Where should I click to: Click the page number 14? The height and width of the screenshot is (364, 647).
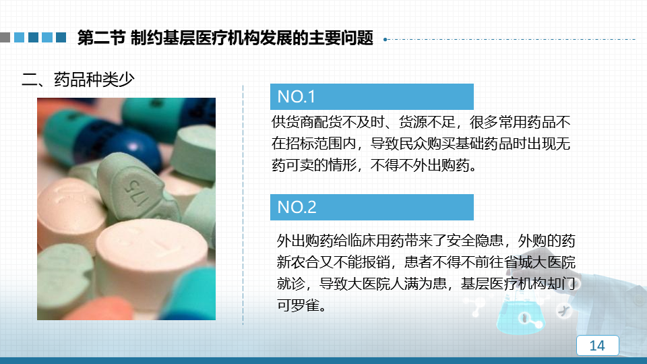[x=597, y=345]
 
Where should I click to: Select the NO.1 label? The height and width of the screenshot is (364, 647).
[x=297, y=96]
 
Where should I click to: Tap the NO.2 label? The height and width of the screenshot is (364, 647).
[x=297, y=207]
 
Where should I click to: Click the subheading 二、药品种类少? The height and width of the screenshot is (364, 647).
[x=78, y=80]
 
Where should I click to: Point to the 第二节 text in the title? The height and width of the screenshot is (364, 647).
[x=101, y=38]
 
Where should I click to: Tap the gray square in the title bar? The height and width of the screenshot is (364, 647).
[x=5, y=38]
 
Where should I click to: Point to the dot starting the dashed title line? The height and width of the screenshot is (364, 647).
[x=385, y=40]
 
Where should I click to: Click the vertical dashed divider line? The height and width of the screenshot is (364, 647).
[x=243, y=205]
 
